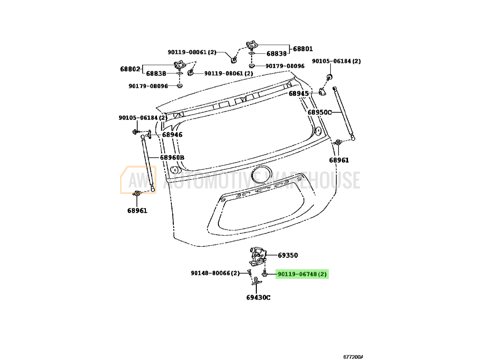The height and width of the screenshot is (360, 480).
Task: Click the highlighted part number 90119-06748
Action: pyautogui.click(x=302, y=275)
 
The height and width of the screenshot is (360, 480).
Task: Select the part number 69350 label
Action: pyautogui.click(x=288, y=255)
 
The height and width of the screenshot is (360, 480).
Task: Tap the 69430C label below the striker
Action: pyautogui.click(x=259, y=297)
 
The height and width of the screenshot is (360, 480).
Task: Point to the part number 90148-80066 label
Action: pyautogui.click(x=215, y=274)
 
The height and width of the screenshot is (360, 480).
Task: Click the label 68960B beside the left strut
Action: pyautogui.click(x=172, y=157)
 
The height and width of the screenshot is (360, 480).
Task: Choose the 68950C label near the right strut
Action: pyautogui.click(x=320, y=112)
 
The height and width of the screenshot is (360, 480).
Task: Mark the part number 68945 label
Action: pyautogui.click(x=299, y=93)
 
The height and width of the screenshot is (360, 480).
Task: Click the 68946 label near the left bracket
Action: pyautogui.click(x=172, y=135)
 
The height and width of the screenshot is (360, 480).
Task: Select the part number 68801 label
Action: pyautogui.click(x=303, y=48)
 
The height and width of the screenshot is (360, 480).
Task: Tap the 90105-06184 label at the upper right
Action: pyautogui.click(x=336, y=61)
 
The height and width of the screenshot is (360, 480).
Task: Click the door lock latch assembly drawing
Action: pyautogui.click(x=257, y=256)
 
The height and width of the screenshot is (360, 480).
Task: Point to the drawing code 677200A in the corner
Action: pyautogui.click(x=353, y=357)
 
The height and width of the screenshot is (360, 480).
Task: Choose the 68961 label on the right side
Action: pyautogui.click(x=339, y=160)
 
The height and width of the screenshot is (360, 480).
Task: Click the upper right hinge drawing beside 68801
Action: pyautogui.click(x=252, y=46)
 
